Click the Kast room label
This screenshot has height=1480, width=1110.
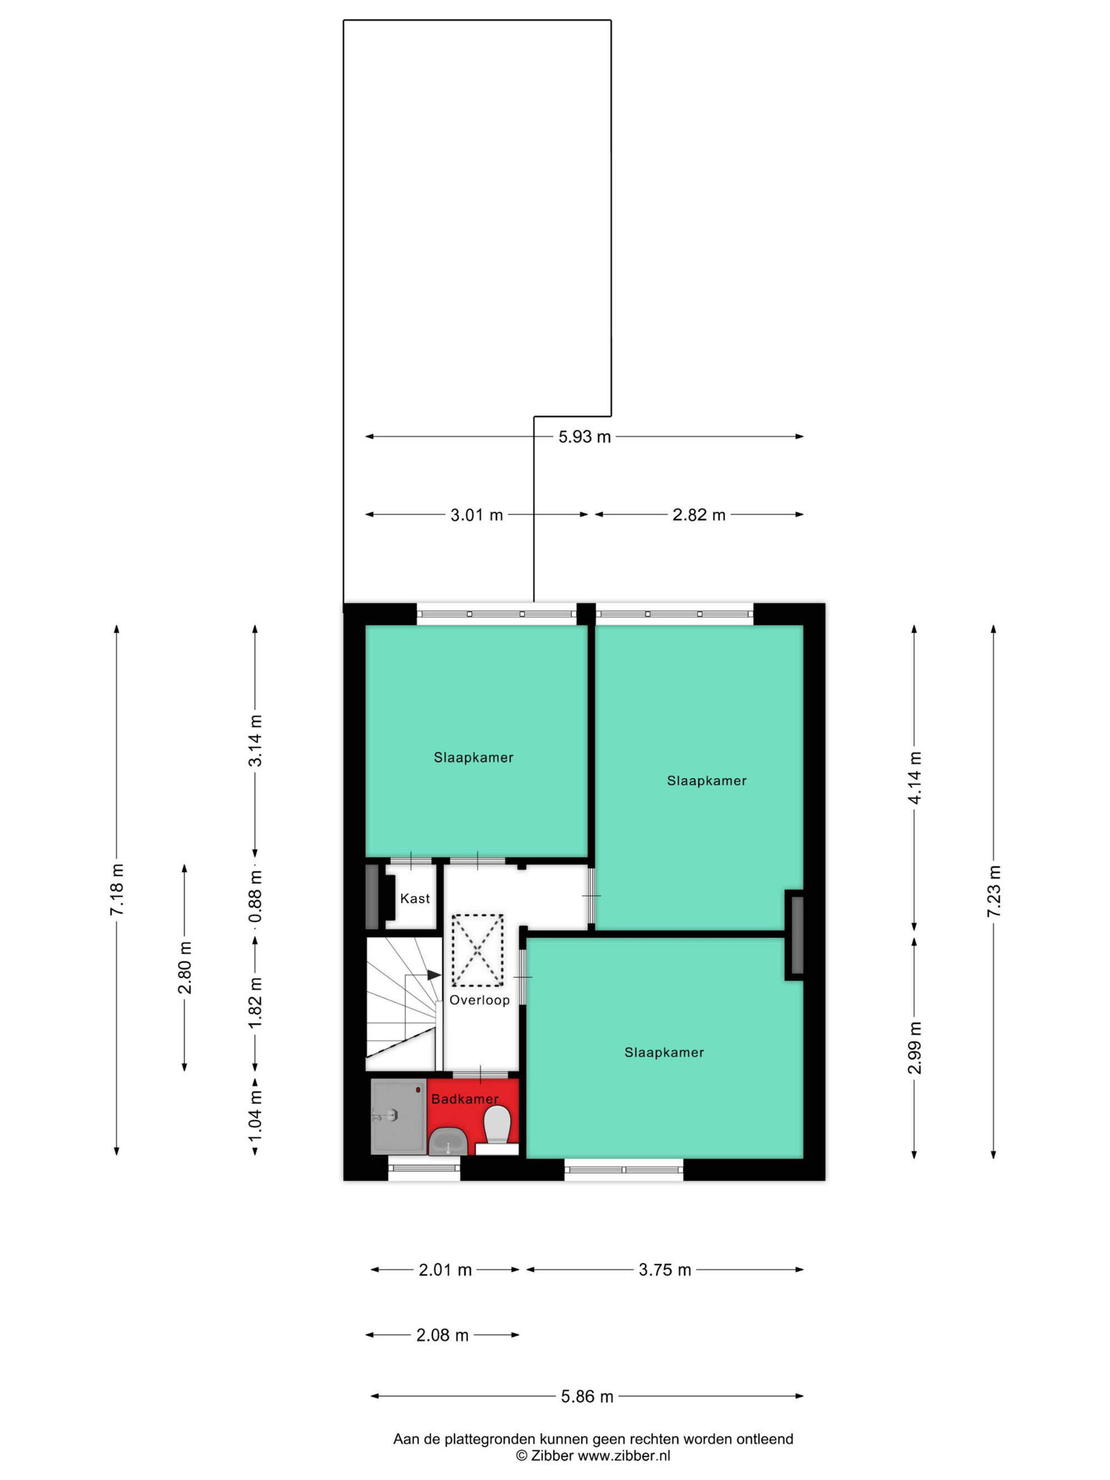tap(415, 898)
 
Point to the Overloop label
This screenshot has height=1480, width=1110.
tap(479, 999)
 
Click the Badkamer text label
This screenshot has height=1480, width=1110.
tap(465, 1099)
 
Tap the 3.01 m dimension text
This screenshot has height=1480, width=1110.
tap(476, 515)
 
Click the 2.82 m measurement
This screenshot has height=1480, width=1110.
tap(699, 515)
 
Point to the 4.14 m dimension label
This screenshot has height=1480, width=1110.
tap(915, 777)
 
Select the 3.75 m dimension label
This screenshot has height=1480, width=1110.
tap(664, 1270)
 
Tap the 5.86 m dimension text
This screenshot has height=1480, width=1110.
tap(587, 1396)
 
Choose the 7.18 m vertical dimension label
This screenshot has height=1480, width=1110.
tap(117, 890)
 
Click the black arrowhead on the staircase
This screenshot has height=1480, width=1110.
tap(433, 975)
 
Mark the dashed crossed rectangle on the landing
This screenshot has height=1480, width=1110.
tap(477, 950)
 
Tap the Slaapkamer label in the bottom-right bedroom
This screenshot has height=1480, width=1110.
tap(664, 1053)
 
